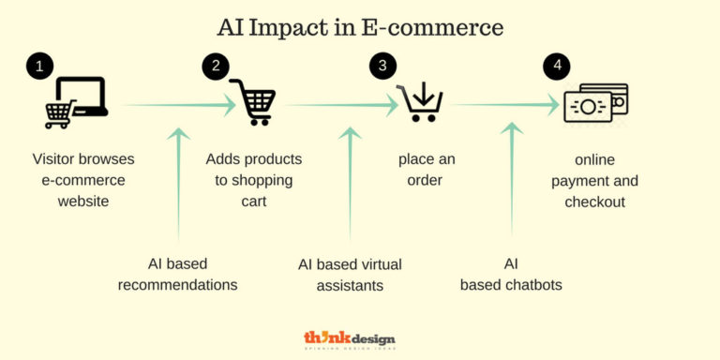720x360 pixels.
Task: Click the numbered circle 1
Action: pos(38,67)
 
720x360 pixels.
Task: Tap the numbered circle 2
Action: pos(216,67)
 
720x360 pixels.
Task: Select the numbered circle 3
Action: pos(382,67)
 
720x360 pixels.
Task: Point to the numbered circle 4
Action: pos(556,67)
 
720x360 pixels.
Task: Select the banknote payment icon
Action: pos(595,103)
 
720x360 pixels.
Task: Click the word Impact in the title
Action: pos(305,27)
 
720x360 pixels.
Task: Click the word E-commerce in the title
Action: pos(432,27)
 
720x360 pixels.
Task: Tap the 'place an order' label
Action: pos(427,170)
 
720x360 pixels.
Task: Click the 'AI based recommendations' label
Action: pos(177,274)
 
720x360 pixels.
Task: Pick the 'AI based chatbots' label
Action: pos(511,274)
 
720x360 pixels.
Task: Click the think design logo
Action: pos(350,340)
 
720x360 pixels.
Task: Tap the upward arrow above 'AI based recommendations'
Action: pos(178,183)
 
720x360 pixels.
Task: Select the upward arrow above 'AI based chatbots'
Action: pos(512,178)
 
